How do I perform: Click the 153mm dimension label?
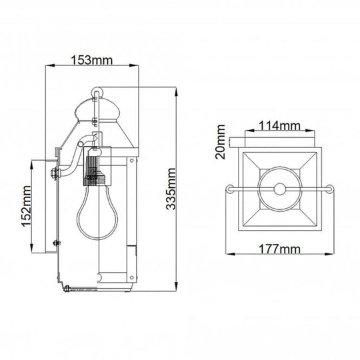pyautogui.click(x=91, y=59)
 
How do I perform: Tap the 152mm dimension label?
pyautogui.click(x=26, y=207)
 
